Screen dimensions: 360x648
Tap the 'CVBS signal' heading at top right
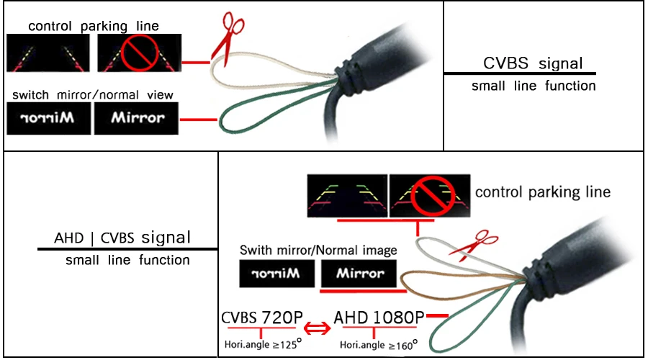pos(533,63)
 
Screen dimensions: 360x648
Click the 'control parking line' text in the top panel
pos(94,27)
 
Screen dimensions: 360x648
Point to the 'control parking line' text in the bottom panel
pos(543,192)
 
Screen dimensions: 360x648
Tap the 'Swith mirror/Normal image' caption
pos(318,251)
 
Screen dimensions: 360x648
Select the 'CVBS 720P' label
pos(263,317)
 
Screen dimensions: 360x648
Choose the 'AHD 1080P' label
pos(379,317)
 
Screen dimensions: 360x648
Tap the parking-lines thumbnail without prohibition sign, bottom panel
pos(347,196)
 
